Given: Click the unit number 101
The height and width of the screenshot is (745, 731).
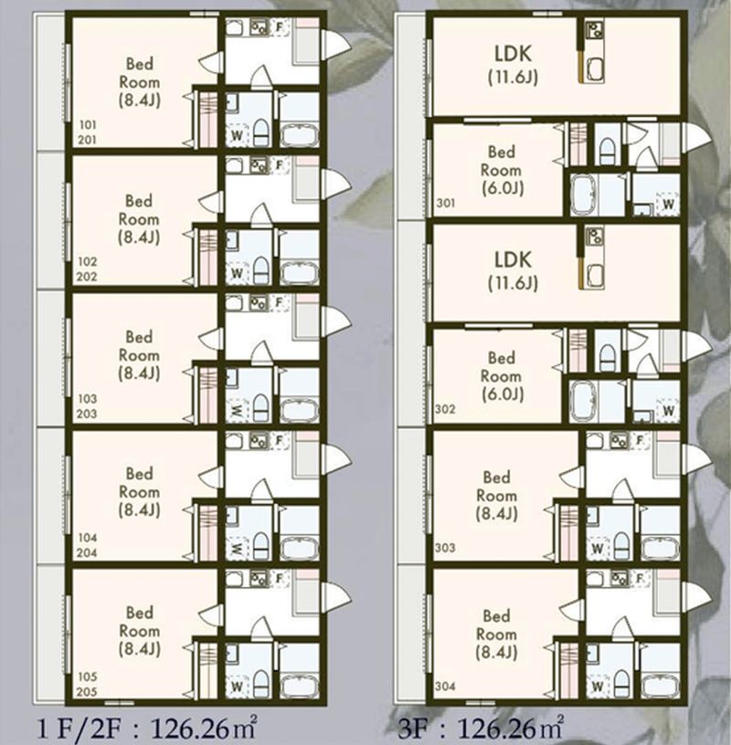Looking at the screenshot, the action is (x=88, y=125).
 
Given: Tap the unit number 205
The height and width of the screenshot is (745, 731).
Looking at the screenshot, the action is (x=87, y=692).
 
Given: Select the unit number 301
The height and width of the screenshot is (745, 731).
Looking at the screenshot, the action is (x=446, y=204).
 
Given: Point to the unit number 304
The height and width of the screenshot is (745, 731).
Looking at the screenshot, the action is (x=445, y=686).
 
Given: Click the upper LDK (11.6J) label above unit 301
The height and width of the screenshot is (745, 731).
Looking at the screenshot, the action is (x=514, y=65).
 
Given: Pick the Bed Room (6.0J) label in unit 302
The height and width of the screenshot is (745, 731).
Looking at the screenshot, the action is (x=502, y=376).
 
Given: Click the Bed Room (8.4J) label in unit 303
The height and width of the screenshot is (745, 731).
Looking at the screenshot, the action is (x=496, y=496).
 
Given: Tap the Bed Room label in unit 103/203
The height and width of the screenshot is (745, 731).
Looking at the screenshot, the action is (x=140, y=355).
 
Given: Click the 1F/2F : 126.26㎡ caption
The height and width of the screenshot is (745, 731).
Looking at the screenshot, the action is (x=147, y=728).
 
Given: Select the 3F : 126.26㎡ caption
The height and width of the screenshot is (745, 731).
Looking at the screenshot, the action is (x=481, y=728).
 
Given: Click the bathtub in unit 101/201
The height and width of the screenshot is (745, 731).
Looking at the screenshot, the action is (x=299, y=135).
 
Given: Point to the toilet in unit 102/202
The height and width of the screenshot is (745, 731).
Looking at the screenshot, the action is (x=260, y=270).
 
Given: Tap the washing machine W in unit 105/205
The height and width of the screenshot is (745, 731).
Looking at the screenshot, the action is (x=237, y=686).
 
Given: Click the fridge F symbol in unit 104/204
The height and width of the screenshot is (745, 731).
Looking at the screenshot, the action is (x=280, y=440).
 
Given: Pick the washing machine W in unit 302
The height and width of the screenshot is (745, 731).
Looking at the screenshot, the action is (x=668, y=410).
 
